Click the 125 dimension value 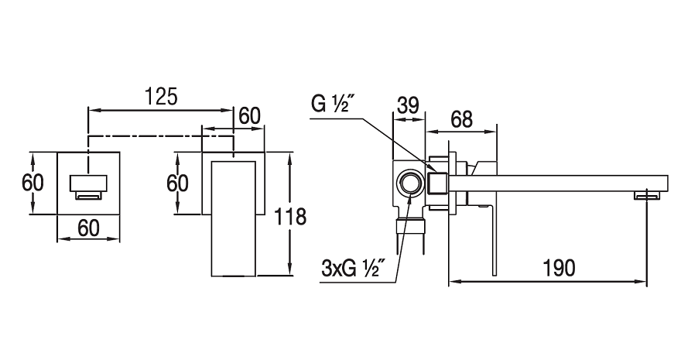point(160,97)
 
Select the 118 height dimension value point(291,216)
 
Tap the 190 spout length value point(560,268)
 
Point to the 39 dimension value point(408,105)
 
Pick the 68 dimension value point(461,119)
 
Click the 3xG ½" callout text point(354,269)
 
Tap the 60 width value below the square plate point(88,228)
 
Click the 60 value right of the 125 point(249,115)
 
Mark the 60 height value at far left point(33,183)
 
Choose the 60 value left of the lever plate point(177,183)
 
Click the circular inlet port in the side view point(409,183)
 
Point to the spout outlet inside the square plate point(88,187)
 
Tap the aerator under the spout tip point(647,196)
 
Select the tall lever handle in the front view point(234,218)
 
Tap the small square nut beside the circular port point(438,183)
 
